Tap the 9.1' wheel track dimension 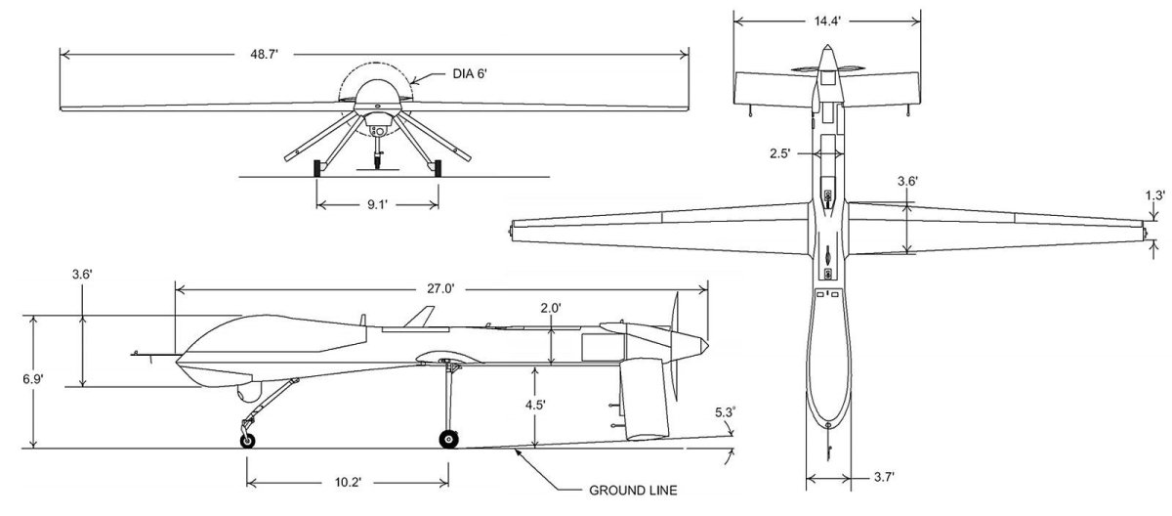point(376,205)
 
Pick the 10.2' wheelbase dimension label point(347,481)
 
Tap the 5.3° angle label point(725,412)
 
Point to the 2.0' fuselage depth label point(552,308)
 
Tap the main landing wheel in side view point(448,439)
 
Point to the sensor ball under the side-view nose point(248,392)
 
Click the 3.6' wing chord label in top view point(907,181)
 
